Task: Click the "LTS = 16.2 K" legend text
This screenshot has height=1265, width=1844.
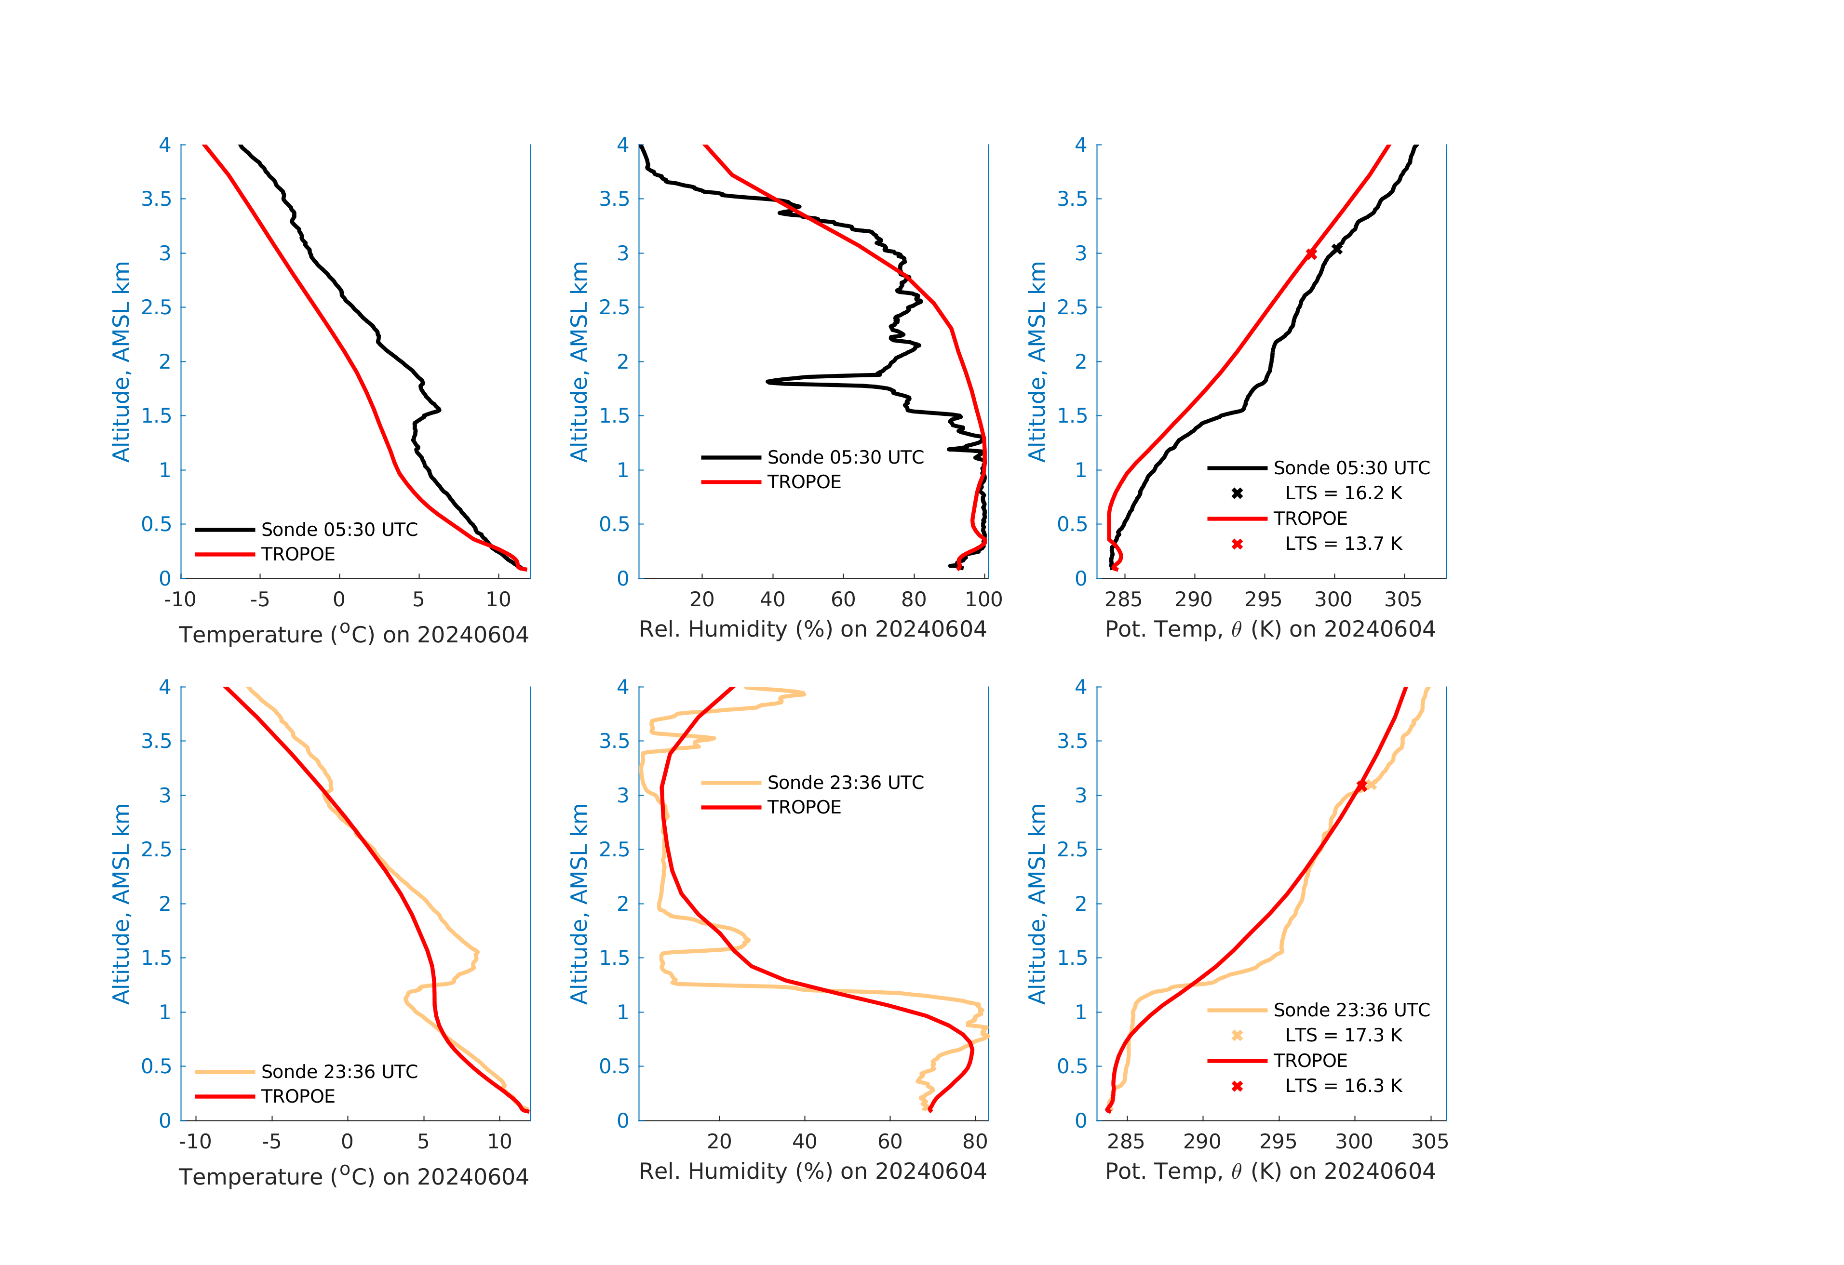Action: coord(1343,493)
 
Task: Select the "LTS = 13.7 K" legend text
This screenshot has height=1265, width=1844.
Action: coord(1343,544)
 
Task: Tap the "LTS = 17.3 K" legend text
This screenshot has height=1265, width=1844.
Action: coord(1343,1035)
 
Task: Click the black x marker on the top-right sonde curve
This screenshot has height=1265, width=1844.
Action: coord(1337,249)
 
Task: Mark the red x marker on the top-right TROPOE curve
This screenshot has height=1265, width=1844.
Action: coord(1311,254)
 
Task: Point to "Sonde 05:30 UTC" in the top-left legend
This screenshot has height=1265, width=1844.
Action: coord(339,530)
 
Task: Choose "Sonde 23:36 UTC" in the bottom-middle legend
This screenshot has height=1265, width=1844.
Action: coord(845,783)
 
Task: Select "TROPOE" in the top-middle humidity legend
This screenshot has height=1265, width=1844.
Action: coord(804,482)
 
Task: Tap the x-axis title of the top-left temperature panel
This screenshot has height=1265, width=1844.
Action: coord(353,635)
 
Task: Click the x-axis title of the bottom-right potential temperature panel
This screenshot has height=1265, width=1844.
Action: coord(1269,1172)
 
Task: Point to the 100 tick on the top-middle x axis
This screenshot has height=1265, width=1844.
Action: coord(984,599)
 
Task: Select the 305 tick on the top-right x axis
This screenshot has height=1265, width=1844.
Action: coord(1403,599)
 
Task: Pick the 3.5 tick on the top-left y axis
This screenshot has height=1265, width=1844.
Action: coord(156,199)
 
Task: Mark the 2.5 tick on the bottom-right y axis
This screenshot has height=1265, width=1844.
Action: coord(1072,850)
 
